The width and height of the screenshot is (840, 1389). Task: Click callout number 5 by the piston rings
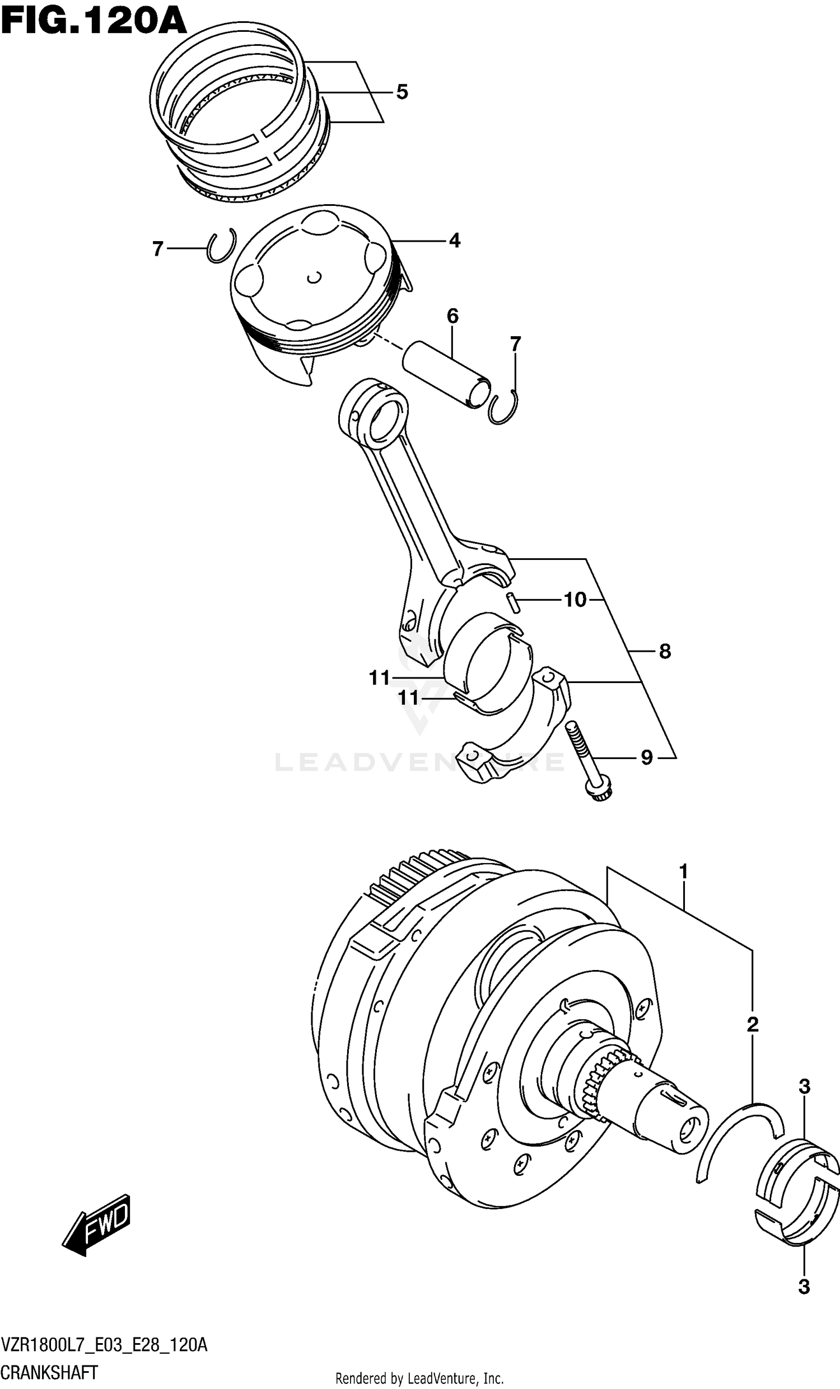402,92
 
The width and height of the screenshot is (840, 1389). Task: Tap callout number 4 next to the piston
455,241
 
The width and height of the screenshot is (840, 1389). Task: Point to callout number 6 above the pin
452,316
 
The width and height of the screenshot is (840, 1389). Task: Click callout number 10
575,600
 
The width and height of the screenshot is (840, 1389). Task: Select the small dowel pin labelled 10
513,601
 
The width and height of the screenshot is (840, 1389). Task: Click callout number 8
665,652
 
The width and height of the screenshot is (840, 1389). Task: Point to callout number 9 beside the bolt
646,757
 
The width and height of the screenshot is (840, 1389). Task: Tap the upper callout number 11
380,678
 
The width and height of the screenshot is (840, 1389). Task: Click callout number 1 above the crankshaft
683,872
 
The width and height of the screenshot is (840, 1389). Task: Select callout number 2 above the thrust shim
752,1024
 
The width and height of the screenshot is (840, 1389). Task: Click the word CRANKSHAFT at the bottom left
50,1372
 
